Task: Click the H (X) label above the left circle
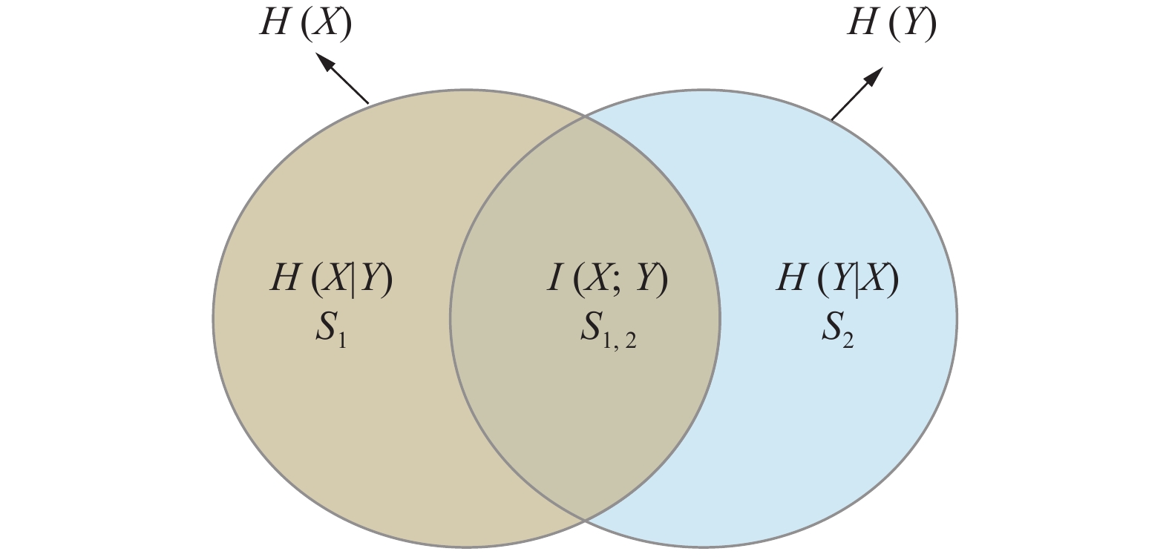tap(305, 23)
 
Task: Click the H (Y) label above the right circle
tap(891, 23)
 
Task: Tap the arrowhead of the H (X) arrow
tap(324, 60)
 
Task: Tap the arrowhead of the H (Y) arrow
tap(876, 74)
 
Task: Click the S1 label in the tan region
tap(330, 329)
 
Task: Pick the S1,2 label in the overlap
tap(608, 329)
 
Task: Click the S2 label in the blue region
tap(837, 329)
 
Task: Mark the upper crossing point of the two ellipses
tap(585, 116)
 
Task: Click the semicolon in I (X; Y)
tap(618, 282)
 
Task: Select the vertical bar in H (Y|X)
tap(857, 280)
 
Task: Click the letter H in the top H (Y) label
tap(863, 23)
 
